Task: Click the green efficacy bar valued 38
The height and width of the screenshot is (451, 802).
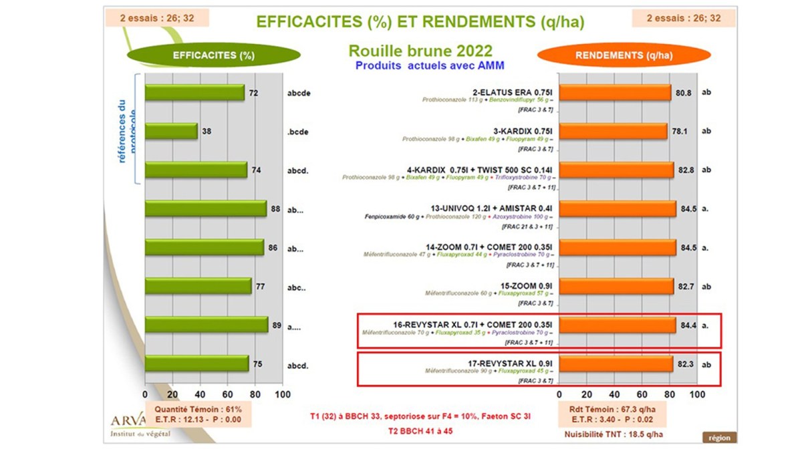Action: pyautogui.click(x=171, y=131)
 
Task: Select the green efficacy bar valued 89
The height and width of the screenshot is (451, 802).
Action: pyautogui.click(x=206, y=325)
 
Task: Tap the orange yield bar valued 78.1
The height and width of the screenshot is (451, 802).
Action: pyautogui.click(x=612, y=131)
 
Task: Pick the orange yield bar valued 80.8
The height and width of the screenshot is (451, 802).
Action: pyautogui.click(x=614, y=92)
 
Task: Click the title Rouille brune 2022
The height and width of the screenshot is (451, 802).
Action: pyautogui.click(x=420, y=51)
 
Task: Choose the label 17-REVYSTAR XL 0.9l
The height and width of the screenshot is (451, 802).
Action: pyautogui.click(x=511, y=363)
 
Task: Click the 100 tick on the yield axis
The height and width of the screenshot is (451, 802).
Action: pyautogui.click(x=697, y=394)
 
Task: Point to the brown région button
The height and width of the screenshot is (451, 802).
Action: pyautogui.click(x=719, y=438)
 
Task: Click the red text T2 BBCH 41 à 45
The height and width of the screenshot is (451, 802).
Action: pyautogui.click(x=420, y=432)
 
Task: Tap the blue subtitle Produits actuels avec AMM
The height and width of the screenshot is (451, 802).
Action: pyautogui.click(x=429, y=65)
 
